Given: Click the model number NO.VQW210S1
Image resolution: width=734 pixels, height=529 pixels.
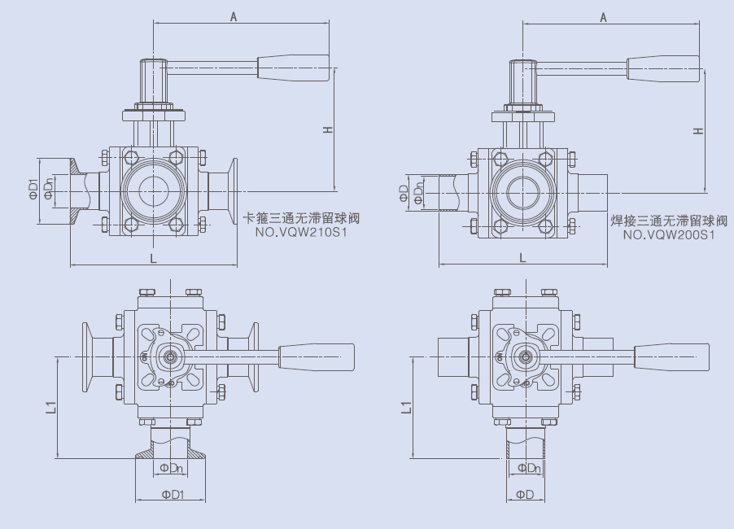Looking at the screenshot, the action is [x=301, y=232].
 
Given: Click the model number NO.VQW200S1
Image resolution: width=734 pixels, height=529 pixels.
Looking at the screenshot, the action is [x=669, y=234].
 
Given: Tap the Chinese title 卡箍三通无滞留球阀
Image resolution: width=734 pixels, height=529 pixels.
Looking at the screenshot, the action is [x=302, y=218].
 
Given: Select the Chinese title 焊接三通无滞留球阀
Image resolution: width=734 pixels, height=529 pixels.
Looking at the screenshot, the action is [x=670, y=221].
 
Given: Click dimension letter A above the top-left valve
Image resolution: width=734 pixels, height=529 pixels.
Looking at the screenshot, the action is [x=234, y=16].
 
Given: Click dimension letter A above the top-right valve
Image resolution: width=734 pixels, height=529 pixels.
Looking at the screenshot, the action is [x=604, y=17].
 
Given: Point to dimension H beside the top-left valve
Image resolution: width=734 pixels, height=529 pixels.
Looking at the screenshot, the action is [x=328, y=129].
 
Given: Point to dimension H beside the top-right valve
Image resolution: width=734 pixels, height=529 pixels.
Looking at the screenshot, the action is [x=698, y=130].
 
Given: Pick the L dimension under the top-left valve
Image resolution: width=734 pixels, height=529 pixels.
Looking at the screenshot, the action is [x=153, y=258].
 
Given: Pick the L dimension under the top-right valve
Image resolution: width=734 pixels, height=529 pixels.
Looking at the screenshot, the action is [x=523, y=257].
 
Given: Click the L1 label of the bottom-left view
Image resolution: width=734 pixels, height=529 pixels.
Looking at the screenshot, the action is [x=51, y=407].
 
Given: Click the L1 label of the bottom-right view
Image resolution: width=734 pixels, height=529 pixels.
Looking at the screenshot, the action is [x=407, y=407].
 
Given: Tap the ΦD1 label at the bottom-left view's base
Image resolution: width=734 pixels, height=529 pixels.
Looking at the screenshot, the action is [x=173, y=494].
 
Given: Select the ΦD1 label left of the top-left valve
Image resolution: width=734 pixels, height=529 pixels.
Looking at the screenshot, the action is [x=33, y=189].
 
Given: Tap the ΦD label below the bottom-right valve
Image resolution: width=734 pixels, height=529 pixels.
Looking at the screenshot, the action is [x=525, y=494].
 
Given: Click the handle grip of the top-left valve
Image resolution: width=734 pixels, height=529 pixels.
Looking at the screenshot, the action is [x=294, y=67].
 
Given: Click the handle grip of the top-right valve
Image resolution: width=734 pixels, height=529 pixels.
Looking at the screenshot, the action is [x=663, y=68].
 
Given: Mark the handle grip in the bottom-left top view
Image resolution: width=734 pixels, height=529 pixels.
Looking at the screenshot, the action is [x=317, y=356].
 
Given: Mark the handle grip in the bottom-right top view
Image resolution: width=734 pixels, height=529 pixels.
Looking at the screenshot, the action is [x=672, y=356].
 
